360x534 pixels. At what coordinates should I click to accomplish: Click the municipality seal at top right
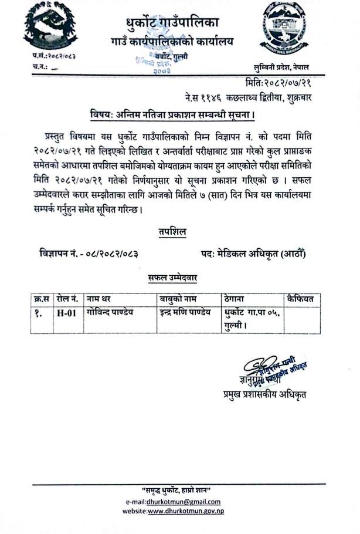pyautogui.click(x=285, y=29)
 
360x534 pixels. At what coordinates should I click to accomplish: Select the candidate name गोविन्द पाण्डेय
pyautogui.click(x=110, y=312)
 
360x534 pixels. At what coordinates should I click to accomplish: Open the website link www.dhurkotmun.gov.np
pyautogui.click(x=185, y=511)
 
